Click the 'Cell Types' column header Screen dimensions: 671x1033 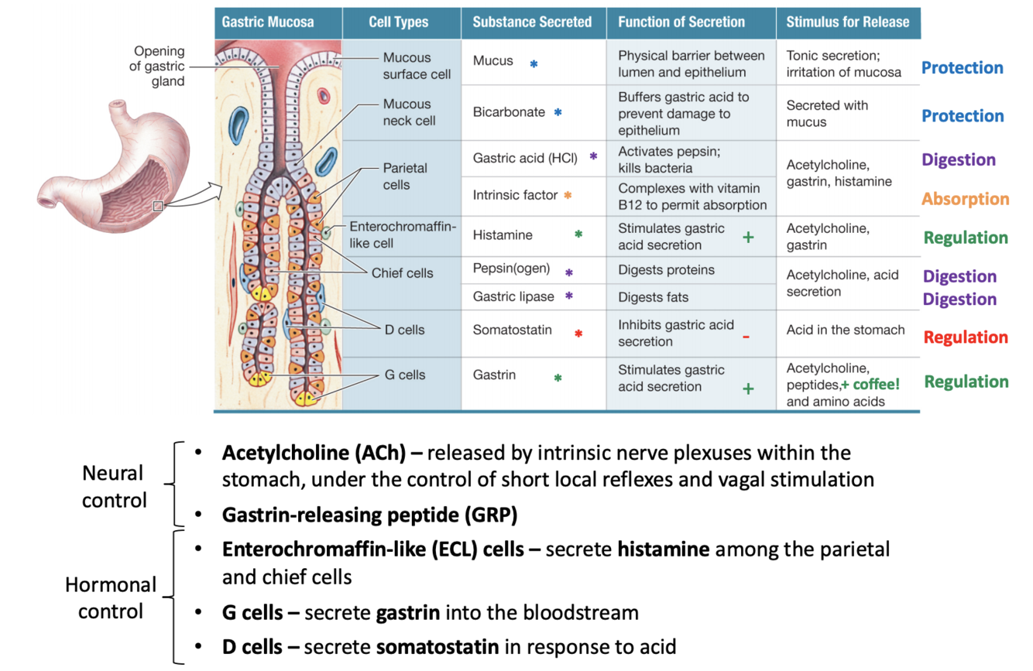pyautogui.click(x=399, y=22)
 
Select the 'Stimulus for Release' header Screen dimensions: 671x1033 pyautogui.click(x=847, y=22)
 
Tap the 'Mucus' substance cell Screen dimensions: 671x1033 pyautogui.click(x=493, y=60)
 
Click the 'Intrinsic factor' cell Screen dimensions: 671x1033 pyautogui.click(x=515, y=195)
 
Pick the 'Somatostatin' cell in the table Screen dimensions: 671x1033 pyautogui.click(x=513, y=330)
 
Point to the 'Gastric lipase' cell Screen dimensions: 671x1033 pyautogui.click(x=513, y=296)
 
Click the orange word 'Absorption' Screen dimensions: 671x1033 pyautogui.click(x=965, y=199)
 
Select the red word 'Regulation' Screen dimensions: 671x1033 pyautogui.click(x=965, y=337)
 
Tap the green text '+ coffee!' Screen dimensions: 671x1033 pyautogui.click(x=870, y=385)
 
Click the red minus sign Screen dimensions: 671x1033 pyautogui.click(x=746, y=337)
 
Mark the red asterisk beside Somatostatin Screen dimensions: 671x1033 pyautogui.click(x=578, y=334)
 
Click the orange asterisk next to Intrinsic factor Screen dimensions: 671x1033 pyautogui.click(x=568, y=196)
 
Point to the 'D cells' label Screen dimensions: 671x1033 pyautogui.click(x=404, y=330)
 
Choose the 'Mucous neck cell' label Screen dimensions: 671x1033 pyautogui.click(x=409, y=112)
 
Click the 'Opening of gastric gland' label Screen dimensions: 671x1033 pyautogui.click(x=158, y=66)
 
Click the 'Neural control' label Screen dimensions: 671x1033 pyautogui.click(x=115, y=487)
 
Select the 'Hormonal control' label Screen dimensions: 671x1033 pyautogui.click(x=111, y=597)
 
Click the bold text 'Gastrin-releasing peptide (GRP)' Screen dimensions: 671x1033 pyautogui.click(x=369, y=515)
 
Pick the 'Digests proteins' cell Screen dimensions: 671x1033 pyautogui.click(x=666, y=270)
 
